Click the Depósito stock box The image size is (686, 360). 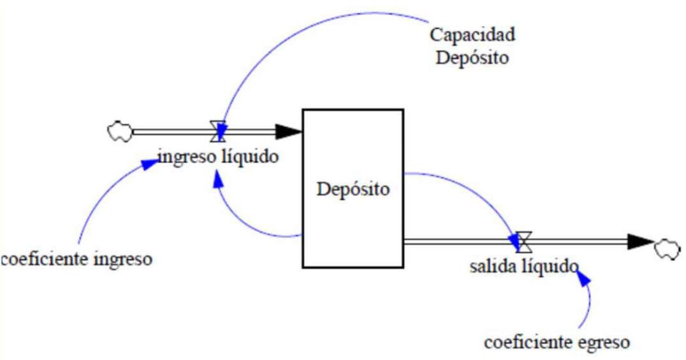pyautogui.click(x=353, y=188)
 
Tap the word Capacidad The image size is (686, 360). pyautogui.click(x=472, y=35)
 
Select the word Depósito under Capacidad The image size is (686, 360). pyautogui.click(x=472, y=58)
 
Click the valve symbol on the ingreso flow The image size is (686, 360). pyautogui.click(x=218, y=131)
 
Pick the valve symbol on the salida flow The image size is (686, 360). pyautogui.click(x=523, y=241)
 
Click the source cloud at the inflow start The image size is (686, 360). pyautogui.click(x=119, y=131)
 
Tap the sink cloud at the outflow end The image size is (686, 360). pyautogui.click(x=667, y=249)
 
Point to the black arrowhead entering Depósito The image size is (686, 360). pyautogui.click(x=289, y=131)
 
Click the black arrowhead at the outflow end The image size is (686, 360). pyautogui.click(x=641, y=241)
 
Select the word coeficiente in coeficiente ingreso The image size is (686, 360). pyautogui.click(x=45, y=259)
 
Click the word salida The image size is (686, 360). pyautogui.click(x=490, y=266)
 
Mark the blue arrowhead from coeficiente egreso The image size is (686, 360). pyautogui.click(x=583, y=278)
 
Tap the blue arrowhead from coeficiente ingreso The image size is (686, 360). pyautogui.click(x=152, y=164)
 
